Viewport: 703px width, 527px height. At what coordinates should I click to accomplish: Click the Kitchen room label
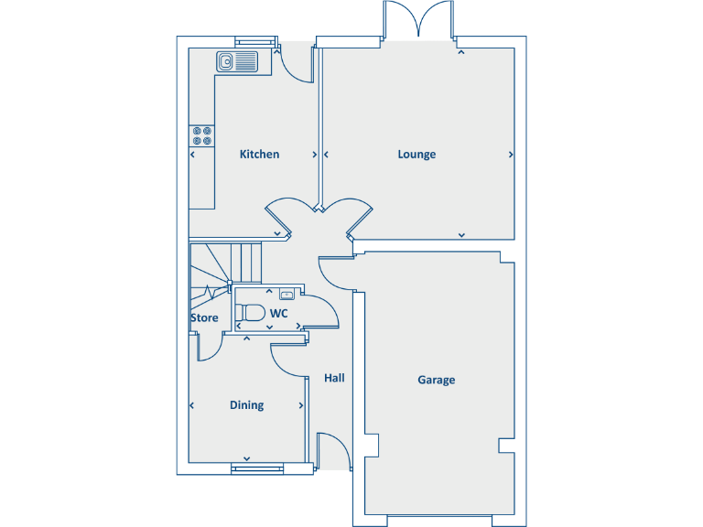click(259, 155)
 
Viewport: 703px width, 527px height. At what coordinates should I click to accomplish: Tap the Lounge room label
click(416, 155)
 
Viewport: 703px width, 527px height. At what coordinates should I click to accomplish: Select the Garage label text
click(436, 380)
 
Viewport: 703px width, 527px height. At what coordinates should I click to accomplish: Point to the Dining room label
click(246, 405)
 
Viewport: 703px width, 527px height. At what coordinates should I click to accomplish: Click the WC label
click(279, 314)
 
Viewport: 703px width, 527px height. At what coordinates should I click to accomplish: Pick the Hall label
click(334, 378)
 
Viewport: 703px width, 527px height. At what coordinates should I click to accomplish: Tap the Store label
click(204, 318)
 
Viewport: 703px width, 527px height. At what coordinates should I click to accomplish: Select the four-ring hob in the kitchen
click(201, 136)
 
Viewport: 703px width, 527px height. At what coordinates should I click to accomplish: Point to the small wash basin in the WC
click(287, 295)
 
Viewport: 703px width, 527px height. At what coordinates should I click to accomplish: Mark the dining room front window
click(257, 468)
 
